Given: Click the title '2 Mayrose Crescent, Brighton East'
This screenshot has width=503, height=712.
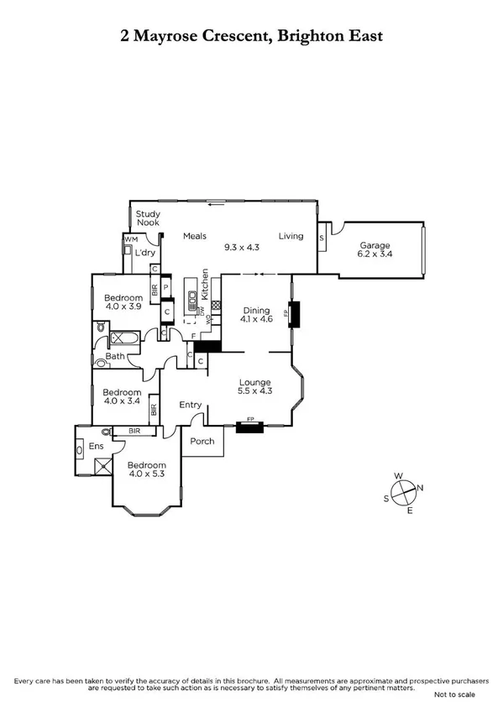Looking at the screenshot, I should click(251, 35).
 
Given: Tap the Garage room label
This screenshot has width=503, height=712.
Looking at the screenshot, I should click(375, 246).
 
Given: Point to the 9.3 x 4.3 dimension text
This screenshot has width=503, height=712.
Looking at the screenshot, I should click(242, 248).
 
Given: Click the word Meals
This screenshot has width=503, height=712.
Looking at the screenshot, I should click(195, 236).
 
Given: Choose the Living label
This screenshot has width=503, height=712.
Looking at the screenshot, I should click(291, 236).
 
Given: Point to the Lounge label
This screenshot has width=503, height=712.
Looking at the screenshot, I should click(254, 382).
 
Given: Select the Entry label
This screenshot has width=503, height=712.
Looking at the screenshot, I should click(191, 405).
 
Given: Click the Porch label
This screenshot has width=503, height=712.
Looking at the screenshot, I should click(202, 441).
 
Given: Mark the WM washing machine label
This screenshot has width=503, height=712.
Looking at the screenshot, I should click(130, 240).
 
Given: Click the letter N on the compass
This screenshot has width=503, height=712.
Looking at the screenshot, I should click(421, 488).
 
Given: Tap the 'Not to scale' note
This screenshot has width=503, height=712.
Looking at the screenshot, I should click(453, 695).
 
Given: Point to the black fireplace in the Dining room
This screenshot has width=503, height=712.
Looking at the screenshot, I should click(294, 312).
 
